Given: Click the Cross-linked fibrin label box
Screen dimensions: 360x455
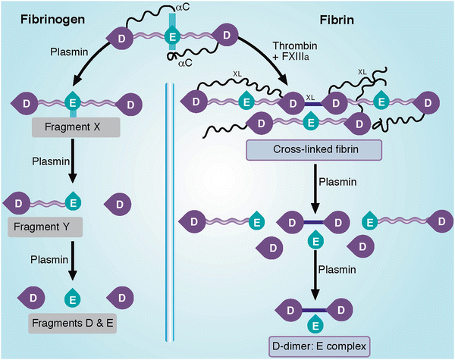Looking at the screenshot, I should coord(312,152).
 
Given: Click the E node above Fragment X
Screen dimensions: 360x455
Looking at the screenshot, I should coord(74,102).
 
